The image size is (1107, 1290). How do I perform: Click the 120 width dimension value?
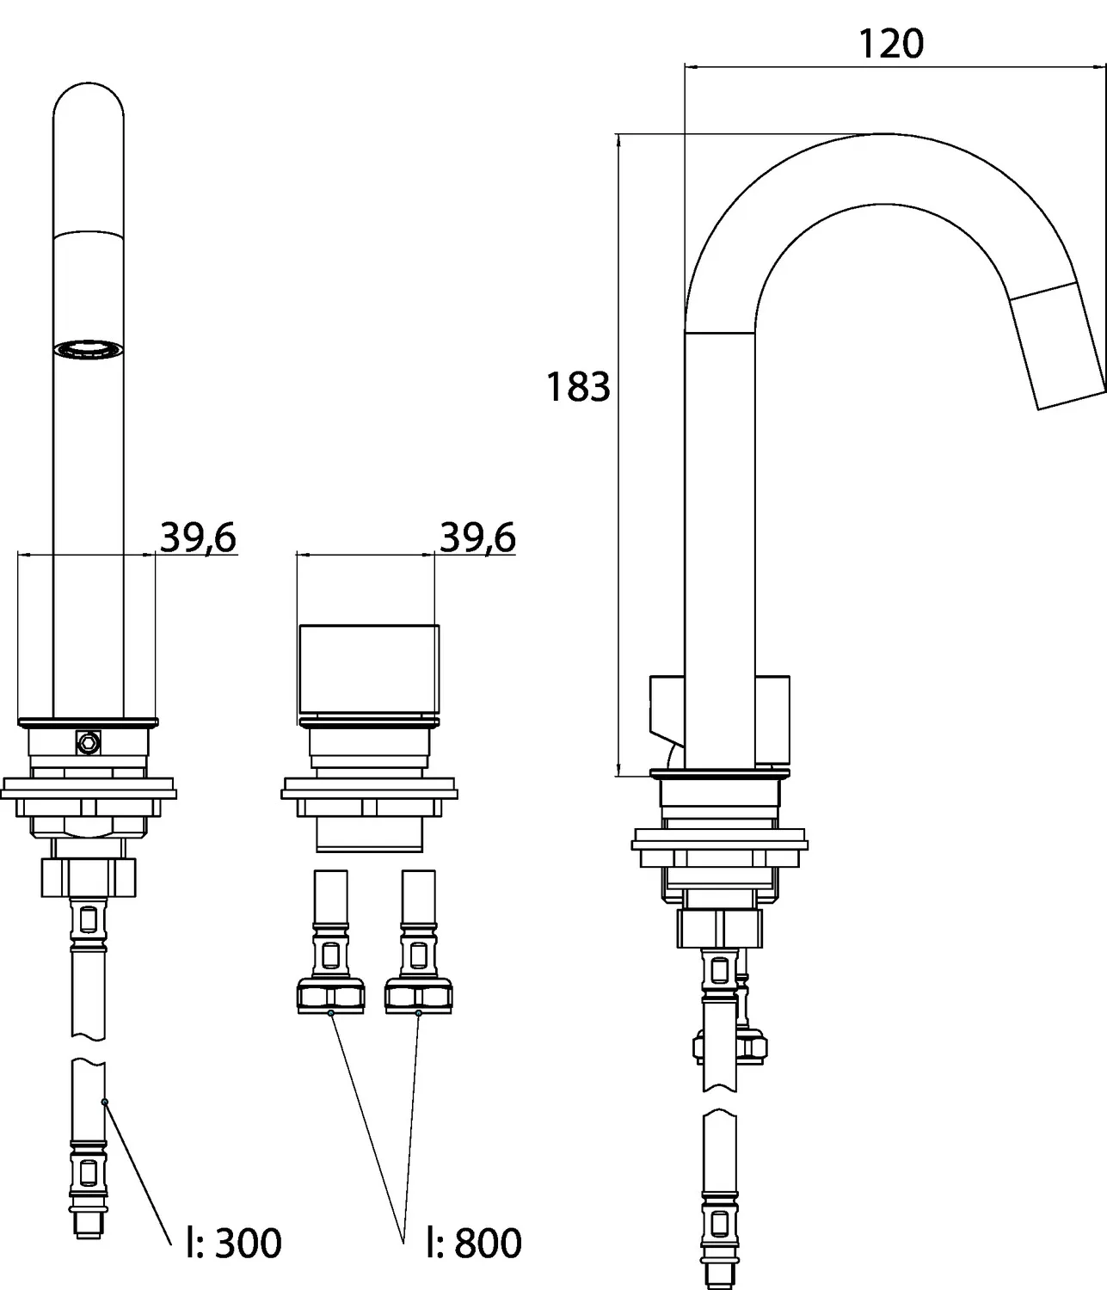(891, 44)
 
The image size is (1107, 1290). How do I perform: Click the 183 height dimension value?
(579, 387)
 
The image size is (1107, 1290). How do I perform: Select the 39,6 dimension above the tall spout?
(198, 538)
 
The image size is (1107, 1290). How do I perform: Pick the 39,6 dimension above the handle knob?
(477, 538)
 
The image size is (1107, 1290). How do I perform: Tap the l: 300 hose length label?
(234, 1243)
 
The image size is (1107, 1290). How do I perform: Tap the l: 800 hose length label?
(474, 1243)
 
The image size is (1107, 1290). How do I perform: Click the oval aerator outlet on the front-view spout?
(88, 349)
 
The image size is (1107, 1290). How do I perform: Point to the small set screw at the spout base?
(87, 741)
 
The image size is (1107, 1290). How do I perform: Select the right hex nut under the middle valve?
(418, 996)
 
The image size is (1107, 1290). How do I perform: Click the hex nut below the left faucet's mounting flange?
(89, 876)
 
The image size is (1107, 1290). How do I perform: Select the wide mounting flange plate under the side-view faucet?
(719, 839)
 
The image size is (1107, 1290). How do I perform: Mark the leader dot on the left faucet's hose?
(104, 1102)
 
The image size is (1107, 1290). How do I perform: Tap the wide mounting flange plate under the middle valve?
(368, 789)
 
